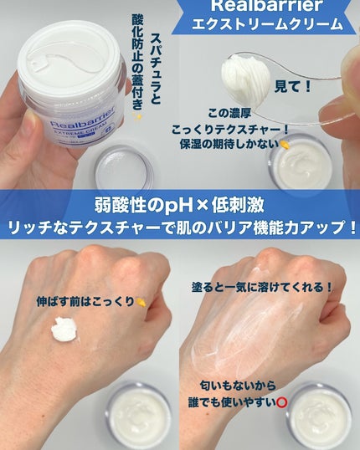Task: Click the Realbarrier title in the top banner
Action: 265,6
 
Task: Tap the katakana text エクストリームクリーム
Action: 267,24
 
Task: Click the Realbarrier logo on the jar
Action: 83,117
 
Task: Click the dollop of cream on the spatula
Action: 245,78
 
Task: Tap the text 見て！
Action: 293,87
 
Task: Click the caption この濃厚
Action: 229,113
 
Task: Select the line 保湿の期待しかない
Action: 229,144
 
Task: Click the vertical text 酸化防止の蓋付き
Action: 137,62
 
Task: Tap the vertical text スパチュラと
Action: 156,69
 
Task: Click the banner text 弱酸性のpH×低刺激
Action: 179,206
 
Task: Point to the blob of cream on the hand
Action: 64,329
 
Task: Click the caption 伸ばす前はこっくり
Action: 85,302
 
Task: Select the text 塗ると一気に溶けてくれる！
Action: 262,287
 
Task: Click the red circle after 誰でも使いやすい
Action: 281,402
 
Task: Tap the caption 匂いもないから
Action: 238,386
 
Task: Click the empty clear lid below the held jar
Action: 124,169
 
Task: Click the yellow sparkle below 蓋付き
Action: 136,117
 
